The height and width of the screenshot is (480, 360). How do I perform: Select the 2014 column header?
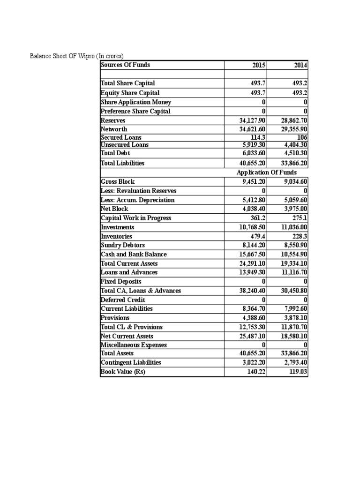coord(300,65)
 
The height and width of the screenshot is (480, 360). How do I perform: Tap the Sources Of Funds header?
coord(126,65)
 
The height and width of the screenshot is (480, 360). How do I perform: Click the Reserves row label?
coord(110,120)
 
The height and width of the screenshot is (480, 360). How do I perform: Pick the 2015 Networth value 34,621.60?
coord(253,129)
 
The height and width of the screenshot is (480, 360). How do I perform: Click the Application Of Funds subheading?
coord(267,172)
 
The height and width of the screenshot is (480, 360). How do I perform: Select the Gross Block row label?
coord(117,181)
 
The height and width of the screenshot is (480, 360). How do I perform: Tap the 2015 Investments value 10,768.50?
coord(253,227)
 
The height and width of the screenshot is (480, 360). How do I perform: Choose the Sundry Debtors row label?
coord(123,245)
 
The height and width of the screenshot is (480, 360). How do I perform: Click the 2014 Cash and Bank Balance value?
coord(294,255)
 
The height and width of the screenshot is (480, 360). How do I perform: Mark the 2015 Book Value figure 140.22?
coord(257,372)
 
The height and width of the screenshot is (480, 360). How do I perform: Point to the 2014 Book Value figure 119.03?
coord(299,372)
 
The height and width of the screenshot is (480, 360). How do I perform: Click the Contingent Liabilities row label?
coord(131,362)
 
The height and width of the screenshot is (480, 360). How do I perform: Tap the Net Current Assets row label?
coord(127,336)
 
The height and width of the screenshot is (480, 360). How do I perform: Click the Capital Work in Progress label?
coord(136,218)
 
